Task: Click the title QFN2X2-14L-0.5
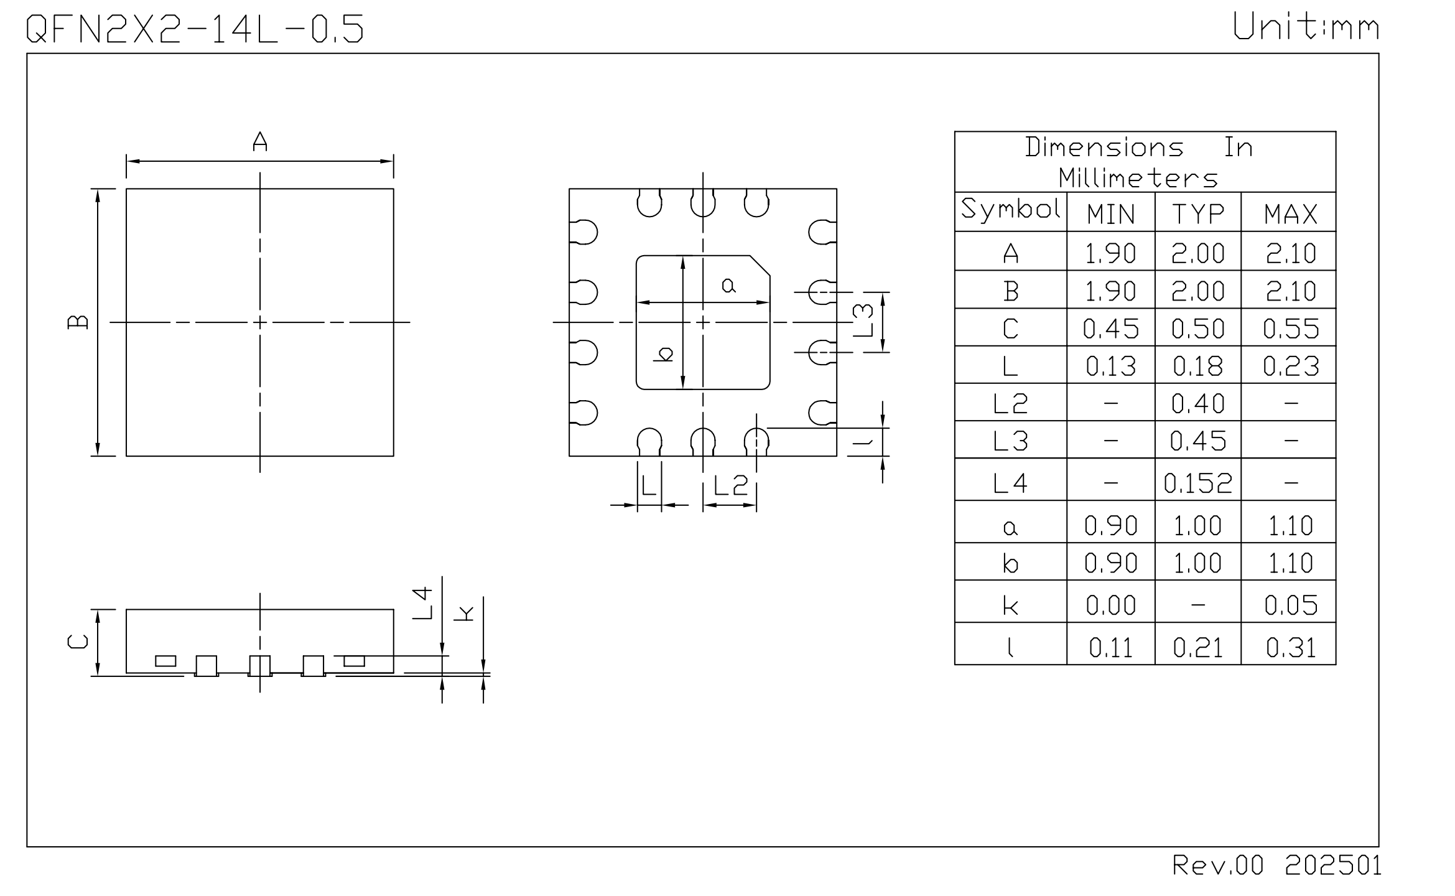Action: click(x=195, y=29)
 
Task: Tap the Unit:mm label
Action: click(x=1306, y=27)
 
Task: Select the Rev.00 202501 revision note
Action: click(x=1276, y=866)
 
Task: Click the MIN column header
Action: click(x=1111, y=215)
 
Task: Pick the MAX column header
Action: click(x=1291, y=215)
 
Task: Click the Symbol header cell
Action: click(x=1011, y=209)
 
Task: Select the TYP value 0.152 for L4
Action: click(x=1198, y=483)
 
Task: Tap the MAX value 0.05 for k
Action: click(x=1291, y=605)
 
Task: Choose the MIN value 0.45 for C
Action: click(x=1111, y=329)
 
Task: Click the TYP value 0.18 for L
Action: click(x=1198, y=366)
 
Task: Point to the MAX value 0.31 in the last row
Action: click(x=1291, y=648)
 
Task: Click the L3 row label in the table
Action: click(x=1011, y=441)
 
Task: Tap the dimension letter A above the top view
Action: click(x=260, y=142)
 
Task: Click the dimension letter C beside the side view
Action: click(x=78, y=642)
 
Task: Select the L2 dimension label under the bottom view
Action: click(x=730, y=485)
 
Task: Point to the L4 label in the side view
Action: click(x=422, y=602)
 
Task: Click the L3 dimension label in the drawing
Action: click(x=863, y=320)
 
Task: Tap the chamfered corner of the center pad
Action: click(x=760, y=265)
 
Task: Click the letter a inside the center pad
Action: click(x=728, y=286)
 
